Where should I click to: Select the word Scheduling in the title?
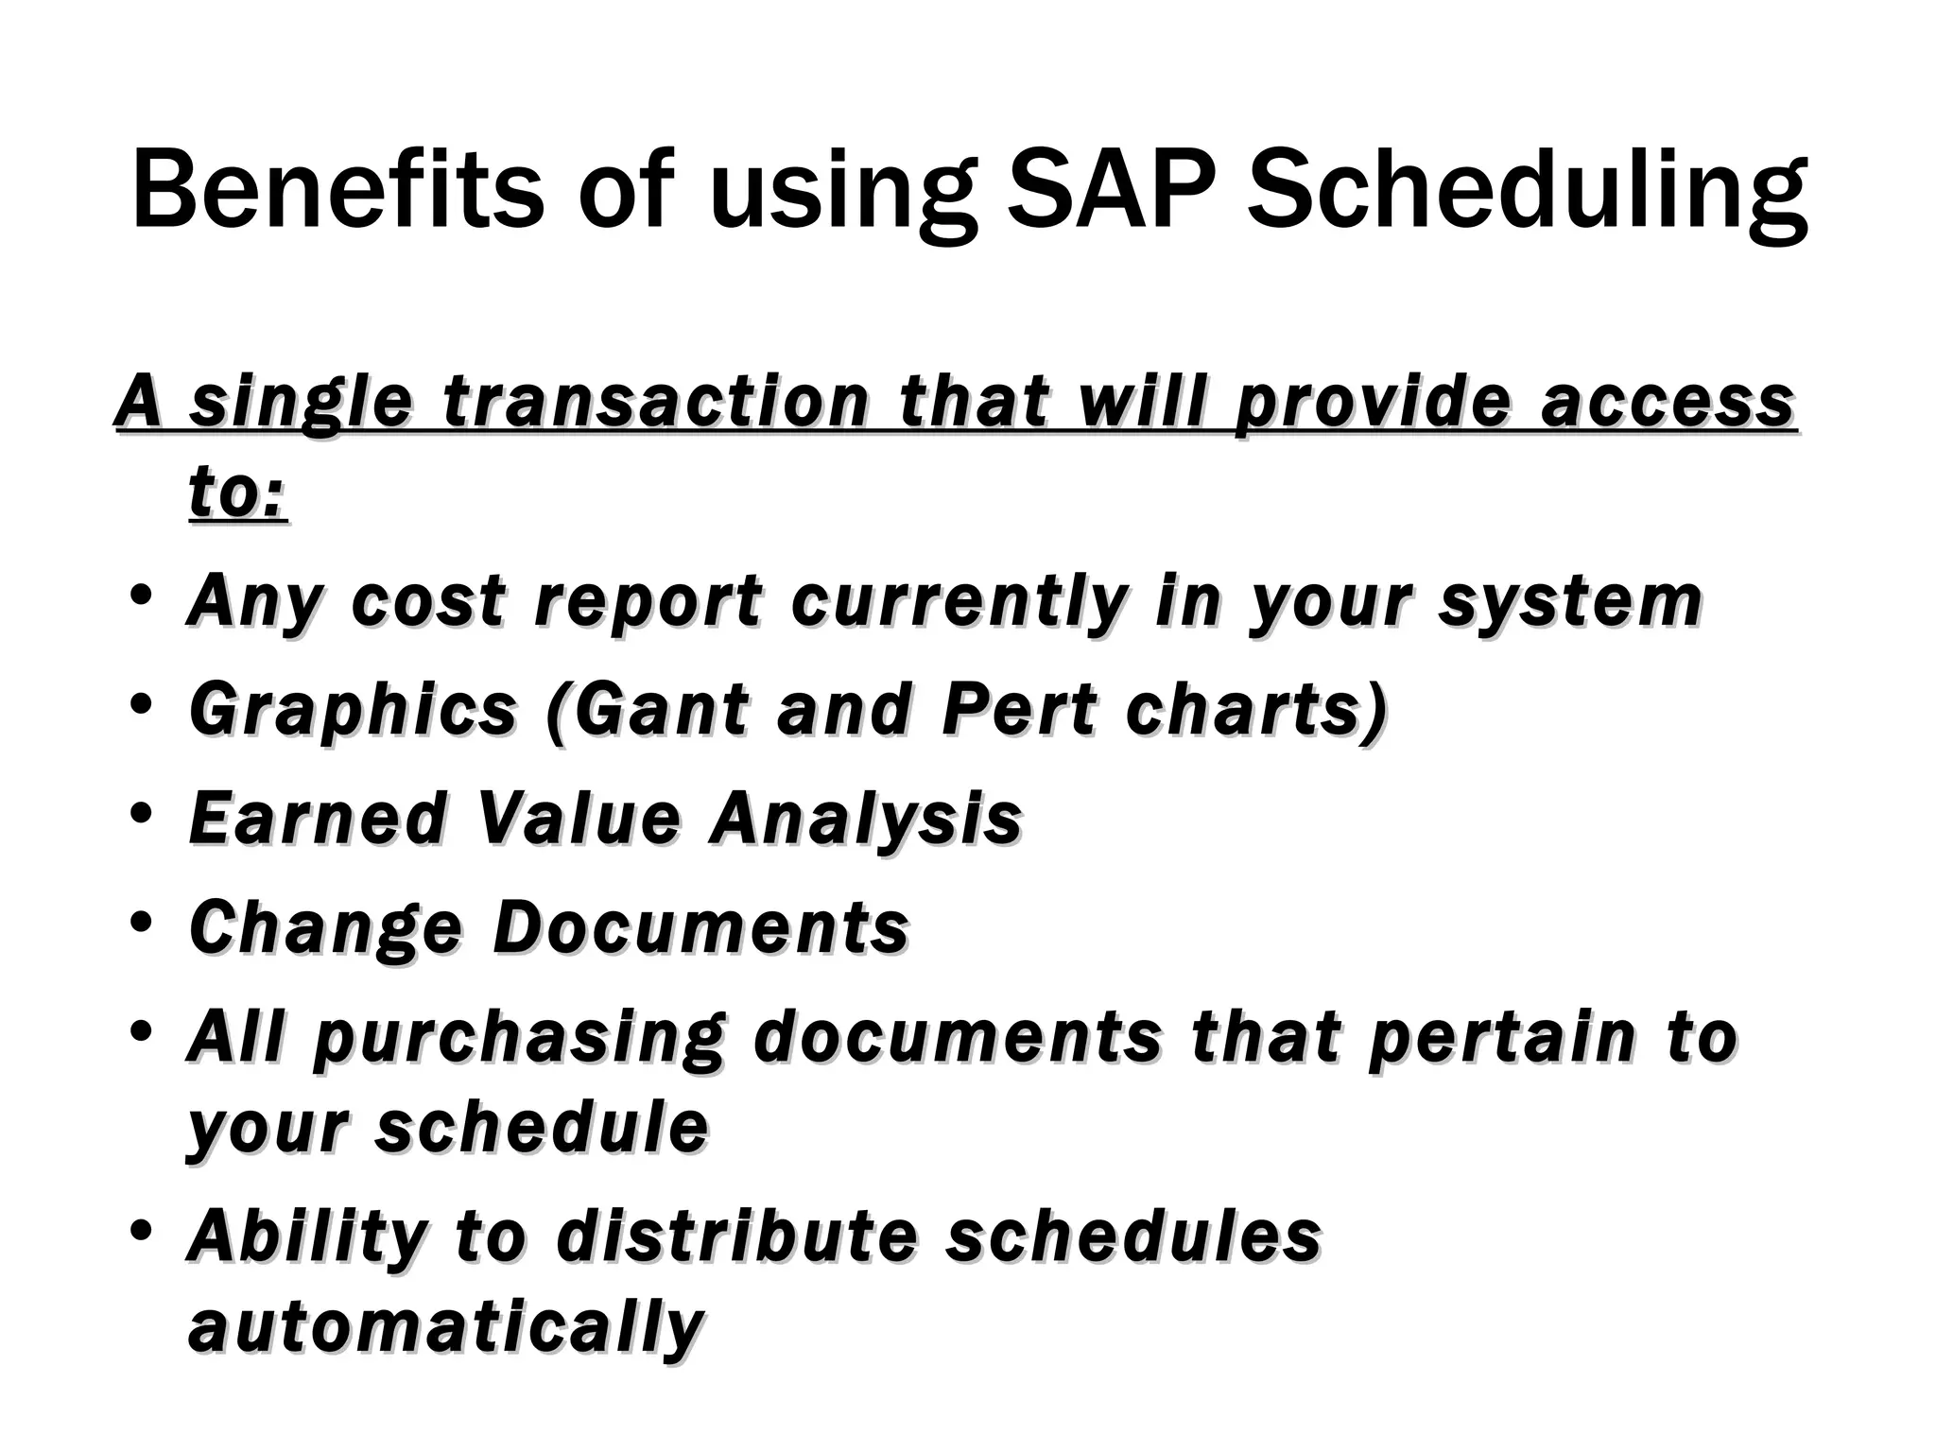click(1527, 194)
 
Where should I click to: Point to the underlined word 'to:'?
click(237, 493)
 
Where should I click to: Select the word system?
click(1570, 602)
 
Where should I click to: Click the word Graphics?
click(353, 711)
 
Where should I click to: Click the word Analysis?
click(866, 819)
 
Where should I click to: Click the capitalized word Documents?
click(700, 926)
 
